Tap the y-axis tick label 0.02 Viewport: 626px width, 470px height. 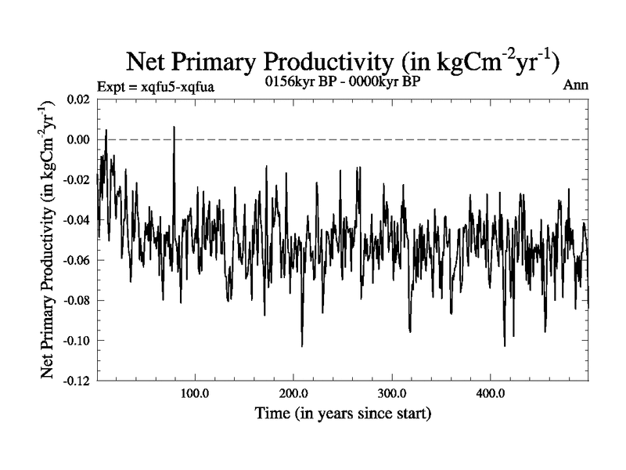point(77,99)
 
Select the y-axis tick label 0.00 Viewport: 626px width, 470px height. point(77,139)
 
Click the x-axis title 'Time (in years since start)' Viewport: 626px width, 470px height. point(343,412)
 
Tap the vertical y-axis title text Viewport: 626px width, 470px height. point(49,240)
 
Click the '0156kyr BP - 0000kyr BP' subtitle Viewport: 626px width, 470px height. point(343,83)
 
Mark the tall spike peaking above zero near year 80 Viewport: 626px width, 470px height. point(174,128)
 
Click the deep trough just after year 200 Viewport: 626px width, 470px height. point(302,345)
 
